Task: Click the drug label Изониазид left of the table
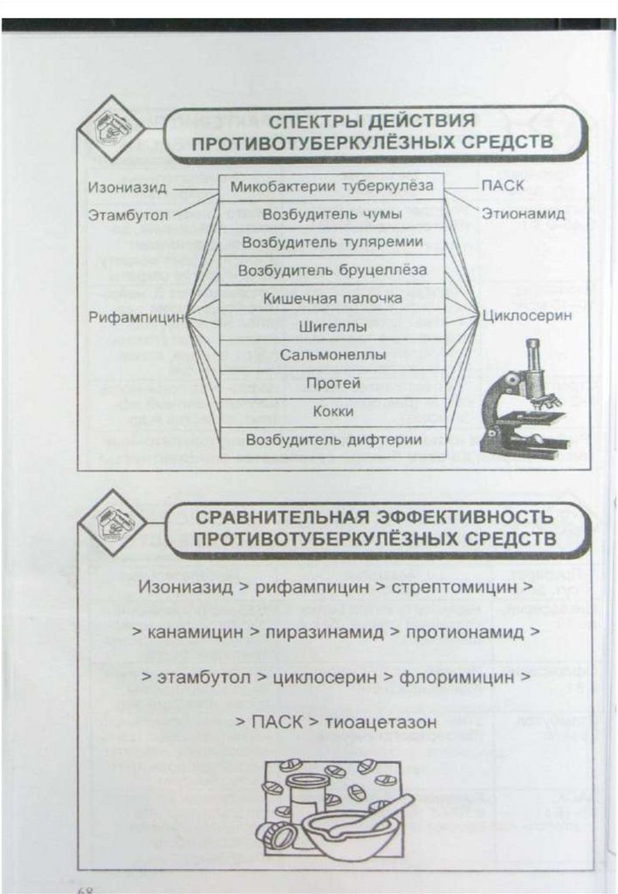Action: point(127,187)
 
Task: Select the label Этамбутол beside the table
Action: point(127,213)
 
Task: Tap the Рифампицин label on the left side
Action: point(137,317)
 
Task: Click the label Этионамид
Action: point(523,213)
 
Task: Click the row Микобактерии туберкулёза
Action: point(332,186)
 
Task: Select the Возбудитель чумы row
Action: point(332,214)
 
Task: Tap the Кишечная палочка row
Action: point(332,299)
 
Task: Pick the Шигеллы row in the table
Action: point(332,327)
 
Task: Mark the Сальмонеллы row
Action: point(332,355)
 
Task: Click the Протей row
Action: point(332,383)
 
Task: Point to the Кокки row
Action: point(332,411)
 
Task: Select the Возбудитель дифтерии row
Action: point(332,440)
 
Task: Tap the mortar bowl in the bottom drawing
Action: point(345,834)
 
